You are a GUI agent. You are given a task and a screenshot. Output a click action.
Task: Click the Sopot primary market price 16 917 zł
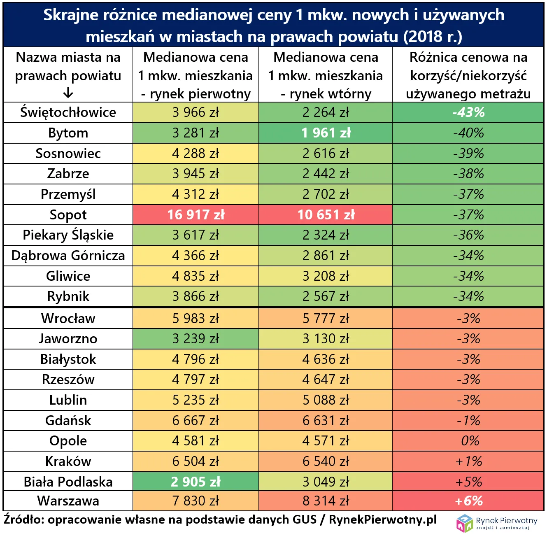[196, 215]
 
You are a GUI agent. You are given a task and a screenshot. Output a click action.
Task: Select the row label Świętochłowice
[68, 112]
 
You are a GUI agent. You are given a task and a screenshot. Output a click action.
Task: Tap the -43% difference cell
[468, 112]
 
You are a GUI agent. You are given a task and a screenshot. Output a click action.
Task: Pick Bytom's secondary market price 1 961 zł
[326, 133]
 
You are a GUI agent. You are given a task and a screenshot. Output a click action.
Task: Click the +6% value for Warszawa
[468, 501]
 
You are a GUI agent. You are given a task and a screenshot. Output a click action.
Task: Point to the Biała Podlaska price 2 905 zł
[196, 482]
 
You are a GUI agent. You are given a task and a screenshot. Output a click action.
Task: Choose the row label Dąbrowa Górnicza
[68, 256]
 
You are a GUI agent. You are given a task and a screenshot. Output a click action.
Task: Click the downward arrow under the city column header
[68, 93]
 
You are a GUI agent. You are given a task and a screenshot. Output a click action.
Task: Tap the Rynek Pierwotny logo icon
[465, 523]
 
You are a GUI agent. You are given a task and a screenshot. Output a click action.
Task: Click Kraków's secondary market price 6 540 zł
[326, 461]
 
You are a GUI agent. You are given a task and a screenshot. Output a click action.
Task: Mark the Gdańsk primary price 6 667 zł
[196, 421]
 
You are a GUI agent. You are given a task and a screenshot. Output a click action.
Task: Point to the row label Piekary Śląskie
[68, 235]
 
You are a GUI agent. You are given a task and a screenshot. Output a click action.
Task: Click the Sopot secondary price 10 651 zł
[326, 215]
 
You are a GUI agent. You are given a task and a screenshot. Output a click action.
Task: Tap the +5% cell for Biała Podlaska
[468, 482]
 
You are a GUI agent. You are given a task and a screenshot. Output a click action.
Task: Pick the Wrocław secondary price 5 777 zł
[326, 319]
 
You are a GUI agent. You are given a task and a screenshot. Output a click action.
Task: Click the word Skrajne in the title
[71, 15]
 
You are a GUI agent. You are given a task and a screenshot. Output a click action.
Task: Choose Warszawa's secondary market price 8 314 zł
[326, 501]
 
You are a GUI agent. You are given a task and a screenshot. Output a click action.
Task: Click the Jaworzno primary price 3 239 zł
[196, 339]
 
